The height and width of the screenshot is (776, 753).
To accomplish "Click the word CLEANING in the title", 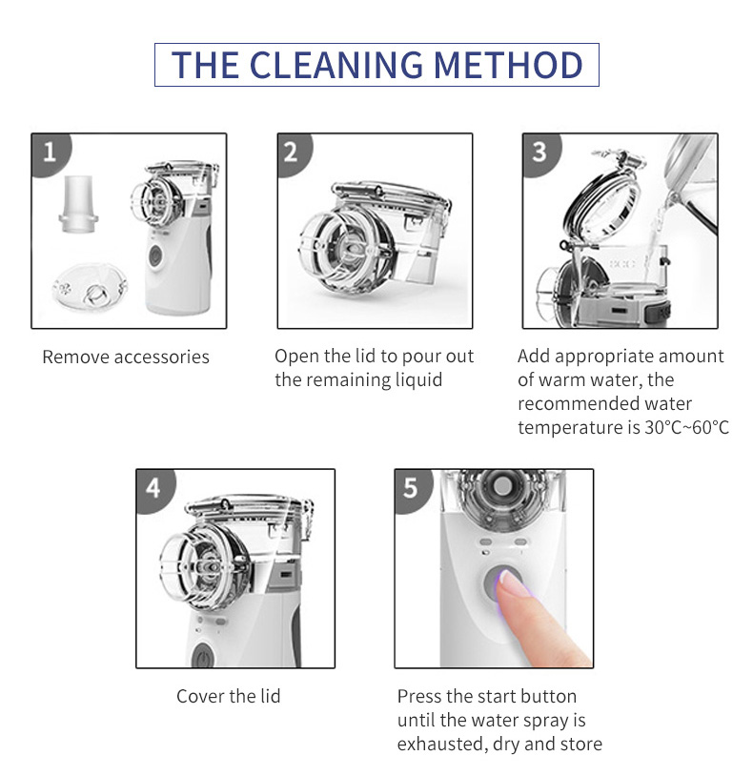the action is click(x=336, y=65).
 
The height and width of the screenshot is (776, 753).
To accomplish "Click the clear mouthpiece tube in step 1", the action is click(x=79, y=204).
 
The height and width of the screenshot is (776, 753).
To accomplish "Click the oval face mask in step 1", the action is click(x=89, y=288).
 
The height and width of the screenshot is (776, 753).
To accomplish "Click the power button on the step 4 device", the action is click(x=203, y=656).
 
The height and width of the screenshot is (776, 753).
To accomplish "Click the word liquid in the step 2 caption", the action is click(x=418, y=380).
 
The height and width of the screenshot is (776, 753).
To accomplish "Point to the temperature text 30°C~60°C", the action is click(x=686, y=428).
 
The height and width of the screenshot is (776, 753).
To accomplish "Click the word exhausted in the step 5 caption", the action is click(x=442, y=745).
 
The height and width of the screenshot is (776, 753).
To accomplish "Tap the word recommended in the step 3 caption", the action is click(x=570, y=404).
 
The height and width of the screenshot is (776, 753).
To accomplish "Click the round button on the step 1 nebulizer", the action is click(x=155, y=255).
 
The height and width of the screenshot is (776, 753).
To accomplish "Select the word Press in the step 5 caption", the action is click(x=419, y=697).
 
